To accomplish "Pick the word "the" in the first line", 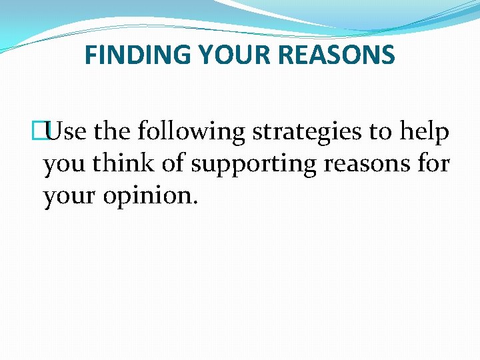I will coord(113,132).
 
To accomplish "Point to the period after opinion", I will coord(195,203).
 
